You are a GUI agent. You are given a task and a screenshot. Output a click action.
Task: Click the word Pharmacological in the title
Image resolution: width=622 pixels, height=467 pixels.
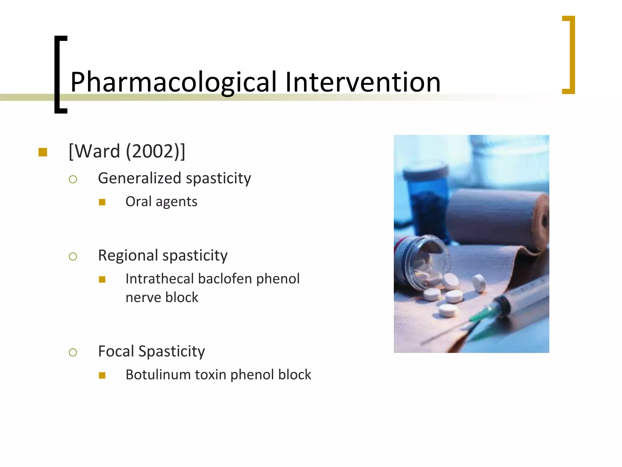173,82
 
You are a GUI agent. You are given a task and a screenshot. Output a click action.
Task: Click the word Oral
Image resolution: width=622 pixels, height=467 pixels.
138,202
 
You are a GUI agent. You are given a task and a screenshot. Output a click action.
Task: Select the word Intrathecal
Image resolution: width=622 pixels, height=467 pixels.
159,279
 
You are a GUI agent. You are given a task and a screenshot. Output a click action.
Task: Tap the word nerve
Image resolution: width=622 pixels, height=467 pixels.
143,297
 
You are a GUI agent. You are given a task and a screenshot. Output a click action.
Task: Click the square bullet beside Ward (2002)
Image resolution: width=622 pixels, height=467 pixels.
43,152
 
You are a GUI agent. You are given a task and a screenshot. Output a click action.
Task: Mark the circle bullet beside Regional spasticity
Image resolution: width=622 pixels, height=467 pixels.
73,257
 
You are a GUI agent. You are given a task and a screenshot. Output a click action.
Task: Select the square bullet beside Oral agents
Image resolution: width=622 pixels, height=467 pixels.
102,202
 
